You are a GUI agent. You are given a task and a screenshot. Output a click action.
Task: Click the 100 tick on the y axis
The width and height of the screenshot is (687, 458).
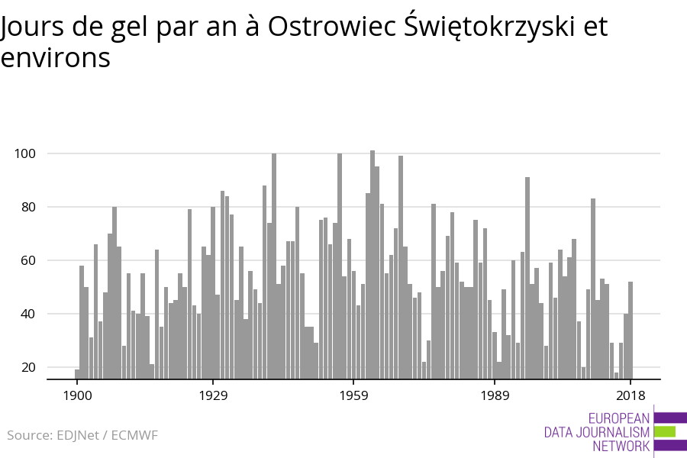tap(25, 153)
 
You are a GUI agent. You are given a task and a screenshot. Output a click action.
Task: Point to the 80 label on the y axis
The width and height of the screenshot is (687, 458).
tap(27, 207)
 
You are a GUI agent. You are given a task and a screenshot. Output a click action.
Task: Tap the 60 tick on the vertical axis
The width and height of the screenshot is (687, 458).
tap(27, 260)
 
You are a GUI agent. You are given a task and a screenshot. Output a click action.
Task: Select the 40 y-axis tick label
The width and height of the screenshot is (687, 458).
tap(27, 314)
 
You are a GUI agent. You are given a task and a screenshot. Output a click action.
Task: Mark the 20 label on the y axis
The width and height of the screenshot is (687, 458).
tap(27, 367)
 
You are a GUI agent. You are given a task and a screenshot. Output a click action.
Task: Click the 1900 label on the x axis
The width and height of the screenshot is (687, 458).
tap(77, 395)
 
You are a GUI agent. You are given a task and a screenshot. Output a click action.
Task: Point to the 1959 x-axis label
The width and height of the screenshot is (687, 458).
tap(353, 395)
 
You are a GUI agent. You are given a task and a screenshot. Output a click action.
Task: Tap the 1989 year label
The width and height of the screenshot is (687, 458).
tap(495, 395)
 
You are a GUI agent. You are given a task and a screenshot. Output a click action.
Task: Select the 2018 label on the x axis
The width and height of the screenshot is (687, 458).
tap(631, 395)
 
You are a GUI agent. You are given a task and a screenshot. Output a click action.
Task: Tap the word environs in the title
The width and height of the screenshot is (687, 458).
tap(55, 58)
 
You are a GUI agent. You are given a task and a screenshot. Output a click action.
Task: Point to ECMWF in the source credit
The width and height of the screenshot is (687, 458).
tap(134, 436)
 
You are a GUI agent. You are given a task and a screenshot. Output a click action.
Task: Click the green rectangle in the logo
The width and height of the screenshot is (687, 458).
tap(665, 431)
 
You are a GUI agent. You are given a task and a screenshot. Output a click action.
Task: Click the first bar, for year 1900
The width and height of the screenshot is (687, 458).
tap(77, 373)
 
